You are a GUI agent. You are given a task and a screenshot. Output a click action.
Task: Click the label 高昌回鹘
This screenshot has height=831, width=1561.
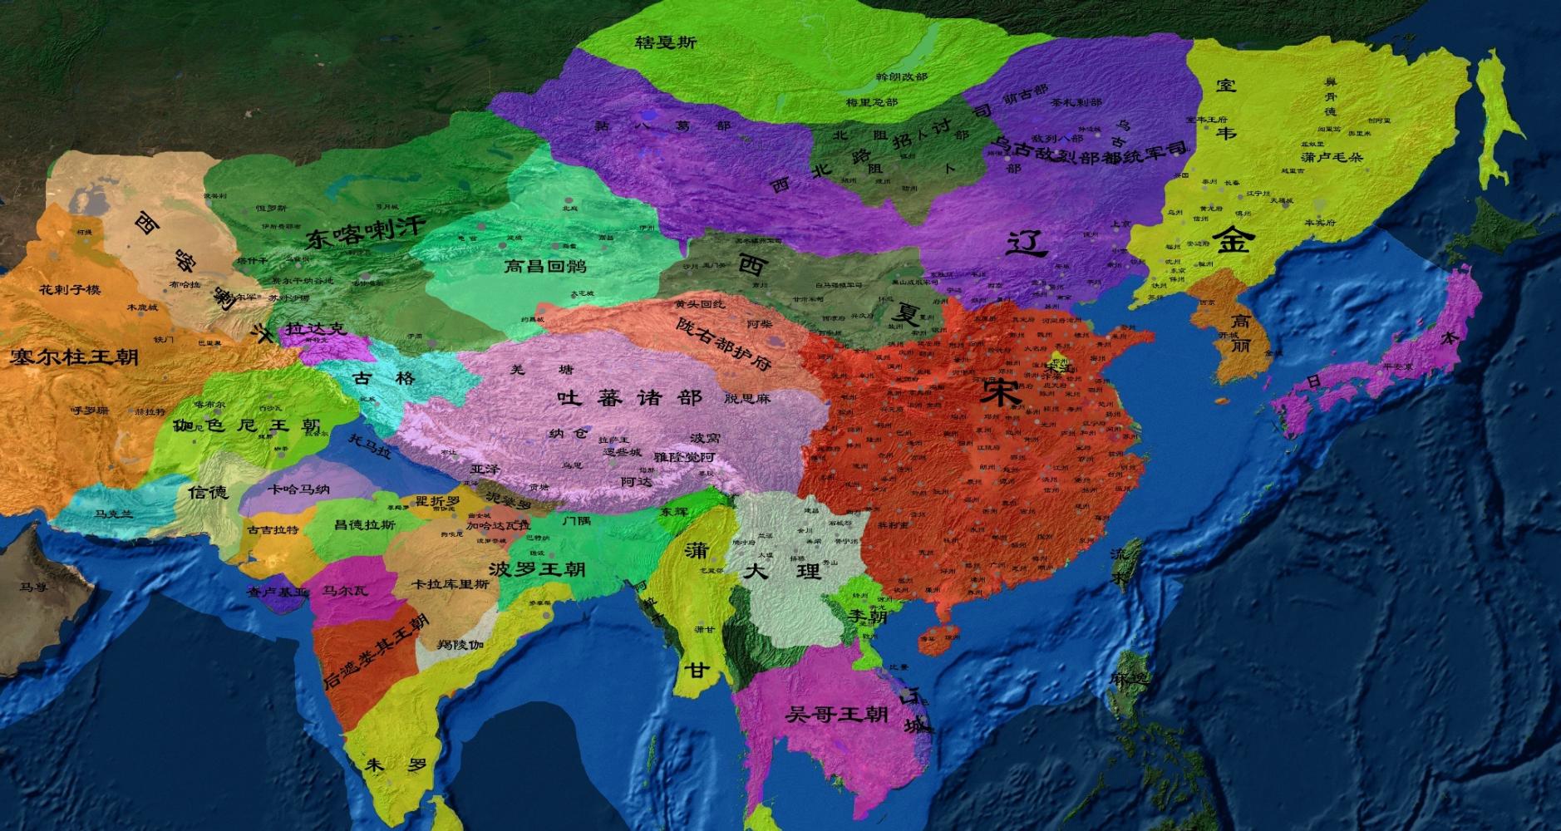545,266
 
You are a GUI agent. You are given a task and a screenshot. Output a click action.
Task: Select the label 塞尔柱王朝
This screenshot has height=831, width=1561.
74,357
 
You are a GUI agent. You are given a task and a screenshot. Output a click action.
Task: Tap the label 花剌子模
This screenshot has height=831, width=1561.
70,289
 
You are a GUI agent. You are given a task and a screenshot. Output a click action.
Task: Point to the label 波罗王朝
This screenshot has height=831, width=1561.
537,569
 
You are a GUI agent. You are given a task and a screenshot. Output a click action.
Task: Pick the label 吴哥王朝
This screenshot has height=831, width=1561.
836,714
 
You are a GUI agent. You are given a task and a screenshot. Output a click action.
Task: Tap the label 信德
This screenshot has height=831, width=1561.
207,492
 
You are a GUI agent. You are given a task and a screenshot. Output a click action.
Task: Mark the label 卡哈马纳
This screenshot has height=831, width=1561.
298,489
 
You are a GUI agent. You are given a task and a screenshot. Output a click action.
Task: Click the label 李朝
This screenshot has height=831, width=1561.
868,616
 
